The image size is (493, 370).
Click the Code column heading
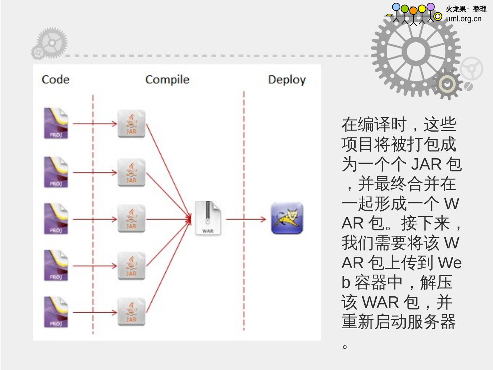click(x=55, y=79)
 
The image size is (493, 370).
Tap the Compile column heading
click(x=167, y=79)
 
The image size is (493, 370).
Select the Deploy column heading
click(x=287, y=80)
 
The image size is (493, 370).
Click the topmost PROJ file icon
click(x=56, y=123)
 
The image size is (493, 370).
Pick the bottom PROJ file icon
click(x=56, y=312)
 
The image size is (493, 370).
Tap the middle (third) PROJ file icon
click(x=56, y=219)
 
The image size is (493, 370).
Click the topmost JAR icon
click(x=131, y=124)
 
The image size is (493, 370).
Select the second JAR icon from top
click(x=131, y=173)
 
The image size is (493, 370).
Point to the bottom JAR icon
click(x=131, y=312)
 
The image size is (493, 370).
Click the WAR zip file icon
click(x=208, y=218)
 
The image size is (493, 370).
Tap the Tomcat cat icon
click(x=287, y=219)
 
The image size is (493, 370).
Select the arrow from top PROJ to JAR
click(x=95, y=124)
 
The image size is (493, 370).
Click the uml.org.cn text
click(x=464, y=19)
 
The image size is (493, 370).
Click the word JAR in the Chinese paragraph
click(x=426, y=164)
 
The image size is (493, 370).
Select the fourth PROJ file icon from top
click(x=56, y=266)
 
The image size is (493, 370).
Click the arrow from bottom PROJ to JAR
click(x=95, y=312)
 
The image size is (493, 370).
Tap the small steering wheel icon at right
click(x=471, y=69)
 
